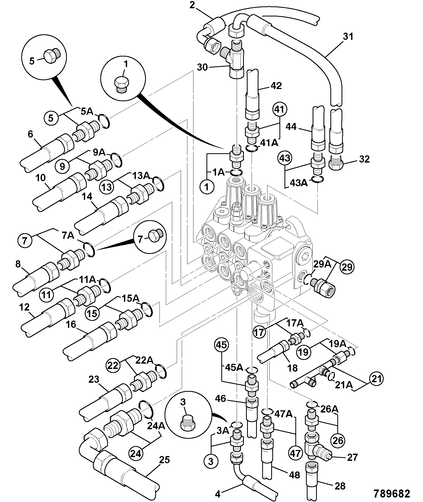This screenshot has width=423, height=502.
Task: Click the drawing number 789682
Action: pyautogui.click(x=392, y=494)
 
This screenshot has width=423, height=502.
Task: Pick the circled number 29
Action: pyautogui.click(x=347, y=267)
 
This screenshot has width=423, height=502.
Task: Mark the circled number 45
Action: pyautogui.click(x=222, y=345)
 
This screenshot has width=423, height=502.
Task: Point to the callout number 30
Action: pyautogui.click(x=202, y=67)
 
